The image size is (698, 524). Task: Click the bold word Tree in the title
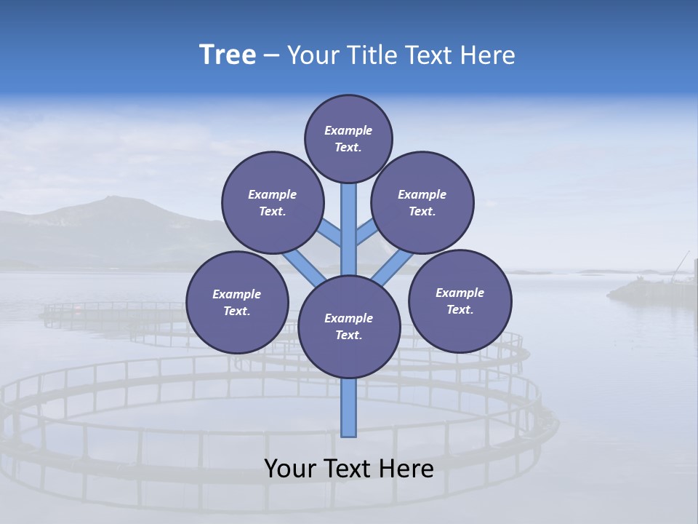(x=228, y=55)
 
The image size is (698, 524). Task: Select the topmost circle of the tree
(x=348, y=138)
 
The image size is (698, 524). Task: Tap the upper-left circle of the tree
(x=272, y=202)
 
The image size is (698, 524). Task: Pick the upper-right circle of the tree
(x=422, y=202)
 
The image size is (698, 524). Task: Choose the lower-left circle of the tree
(x=237, y=302)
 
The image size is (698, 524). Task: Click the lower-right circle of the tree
(x=460, y=301)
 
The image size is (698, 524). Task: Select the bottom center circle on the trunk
(x=349, y=327)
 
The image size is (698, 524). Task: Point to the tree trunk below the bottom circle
(x=349, y=408)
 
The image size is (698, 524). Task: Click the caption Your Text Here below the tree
(x=349, y=468)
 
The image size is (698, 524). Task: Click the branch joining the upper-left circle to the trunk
(x=329, y=233)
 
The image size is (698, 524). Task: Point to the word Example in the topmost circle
(x=348, y=130)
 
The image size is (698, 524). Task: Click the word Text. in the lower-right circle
(x=460, y=309)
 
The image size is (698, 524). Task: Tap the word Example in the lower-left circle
(x=237, y=294)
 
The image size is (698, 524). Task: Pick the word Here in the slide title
(x=489, y=55)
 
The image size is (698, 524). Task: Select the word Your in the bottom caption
(x=289, y=468)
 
